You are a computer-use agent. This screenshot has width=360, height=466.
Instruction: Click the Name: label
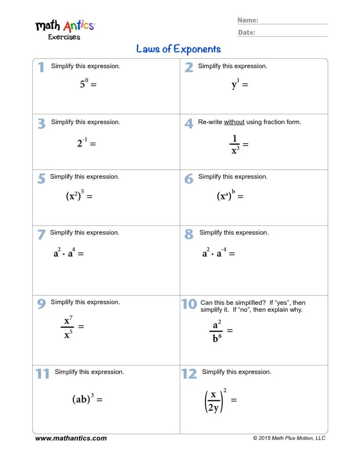click(x=248, y=20)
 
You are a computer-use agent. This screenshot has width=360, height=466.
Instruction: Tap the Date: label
click(x=247, y=32)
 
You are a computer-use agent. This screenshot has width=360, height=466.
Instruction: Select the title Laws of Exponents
click(x=178, y=49)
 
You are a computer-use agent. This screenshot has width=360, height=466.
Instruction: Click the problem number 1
click(x=41, y=67)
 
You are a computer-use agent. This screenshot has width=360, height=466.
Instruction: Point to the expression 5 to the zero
click(x=84, y=84)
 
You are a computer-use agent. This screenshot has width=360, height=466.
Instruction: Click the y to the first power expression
click(x=235, y=84)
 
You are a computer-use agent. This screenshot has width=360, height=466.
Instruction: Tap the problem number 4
click(x=188, y=123)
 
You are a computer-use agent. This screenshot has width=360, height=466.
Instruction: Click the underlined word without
click(x=234, y=122)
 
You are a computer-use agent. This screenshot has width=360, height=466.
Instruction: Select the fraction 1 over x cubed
click(x=235, y=145)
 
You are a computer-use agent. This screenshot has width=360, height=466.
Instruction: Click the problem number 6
click(x=188, y=179)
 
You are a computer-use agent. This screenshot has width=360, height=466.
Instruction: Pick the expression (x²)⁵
click(x=75, y=196)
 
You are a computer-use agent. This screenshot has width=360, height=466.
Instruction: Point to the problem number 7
click(x=41, y=235)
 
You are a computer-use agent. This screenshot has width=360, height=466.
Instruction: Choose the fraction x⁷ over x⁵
click(x=68, y=328)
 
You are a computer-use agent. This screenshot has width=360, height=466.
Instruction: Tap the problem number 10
click(x=189, y=304)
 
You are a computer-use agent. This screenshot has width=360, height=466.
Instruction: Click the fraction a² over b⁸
click(x=216, y=331)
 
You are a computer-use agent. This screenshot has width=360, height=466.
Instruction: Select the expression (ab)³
click(x=83, y=399)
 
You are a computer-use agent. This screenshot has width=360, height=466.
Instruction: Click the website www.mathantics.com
click(x=71, y=438)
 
